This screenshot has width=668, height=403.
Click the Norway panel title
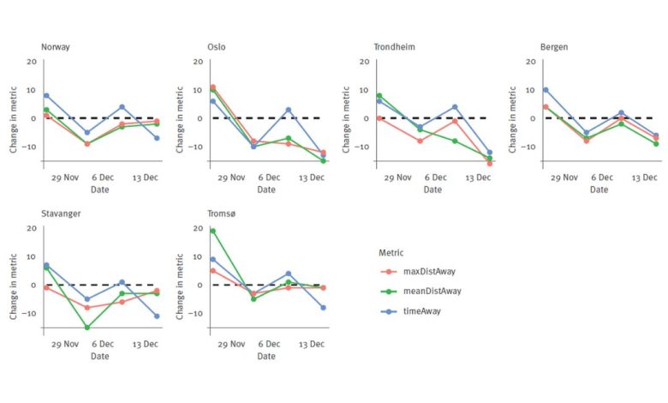56,46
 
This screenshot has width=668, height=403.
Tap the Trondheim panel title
394,46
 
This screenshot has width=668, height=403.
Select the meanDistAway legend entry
432,291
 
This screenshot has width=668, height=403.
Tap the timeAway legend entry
421,310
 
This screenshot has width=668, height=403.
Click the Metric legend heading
391,252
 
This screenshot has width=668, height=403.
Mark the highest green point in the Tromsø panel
212,231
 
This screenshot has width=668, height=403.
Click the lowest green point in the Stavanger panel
87,328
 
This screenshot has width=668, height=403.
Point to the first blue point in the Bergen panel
546,90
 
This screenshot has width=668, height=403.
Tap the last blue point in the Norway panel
157,138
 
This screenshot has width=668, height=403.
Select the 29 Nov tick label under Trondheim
397,177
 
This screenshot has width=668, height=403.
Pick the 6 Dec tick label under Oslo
269,177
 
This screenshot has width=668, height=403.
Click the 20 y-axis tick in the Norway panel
32,62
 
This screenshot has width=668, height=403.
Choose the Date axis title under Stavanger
99,356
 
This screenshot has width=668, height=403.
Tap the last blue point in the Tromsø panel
323,307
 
